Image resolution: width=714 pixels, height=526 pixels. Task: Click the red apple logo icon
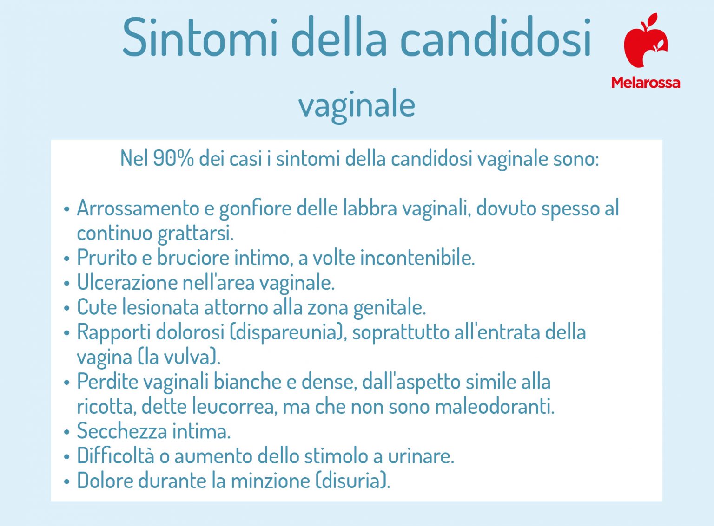645,41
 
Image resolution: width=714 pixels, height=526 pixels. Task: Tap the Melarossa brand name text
645,83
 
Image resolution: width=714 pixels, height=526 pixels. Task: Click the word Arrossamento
138,208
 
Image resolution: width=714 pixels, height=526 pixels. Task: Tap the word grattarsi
195,233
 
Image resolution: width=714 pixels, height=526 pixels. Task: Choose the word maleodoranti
496,407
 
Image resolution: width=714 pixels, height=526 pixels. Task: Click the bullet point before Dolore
66,481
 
